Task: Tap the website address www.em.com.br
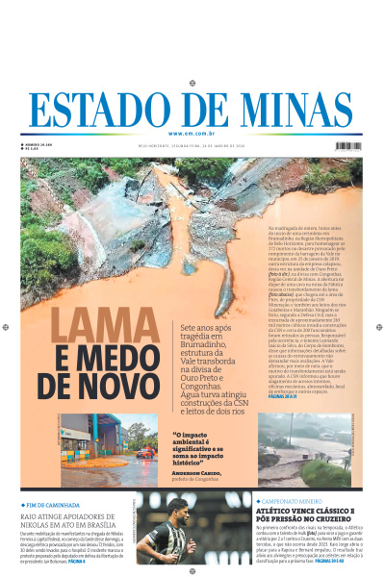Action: (x=192, y=134)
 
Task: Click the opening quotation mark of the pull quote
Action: (x=175, y=434)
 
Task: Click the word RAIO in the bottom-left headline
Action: (x=31, y=515)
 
